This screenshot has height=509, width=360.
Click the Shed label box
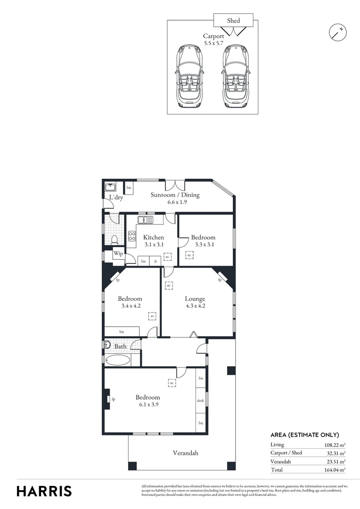pos(233,20)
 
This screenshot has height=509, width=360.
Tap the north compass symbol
pos(337,32)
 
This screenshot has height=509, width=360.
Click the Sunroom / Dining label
pos(175,195)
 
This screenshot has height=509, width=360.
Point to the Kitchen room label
pos(154,238)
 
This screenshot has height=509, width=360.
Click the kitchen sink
pos(145,220)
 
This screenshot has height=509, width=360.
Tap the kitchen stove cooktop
pos(132,236)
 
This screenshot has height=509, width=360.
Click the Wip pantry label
pos(118,254)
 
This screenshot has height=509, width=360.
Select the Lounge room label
pos(195,299)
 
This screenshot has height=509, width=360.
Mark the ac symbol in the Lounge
pos(169,286)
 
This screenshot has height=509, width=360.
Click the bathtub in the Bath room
pos(117,361)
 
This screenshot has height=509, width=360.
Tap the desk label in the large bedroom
pos(200,401)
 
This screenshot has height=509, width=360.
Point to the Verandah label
pos(185,453)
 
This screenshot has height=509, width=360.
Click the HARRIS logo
pos(44,491)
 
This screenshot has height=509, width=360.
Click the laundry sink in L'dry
pos(109,187)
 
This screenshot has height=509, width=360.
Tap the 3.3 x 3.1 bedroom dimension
pos(203,244)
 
